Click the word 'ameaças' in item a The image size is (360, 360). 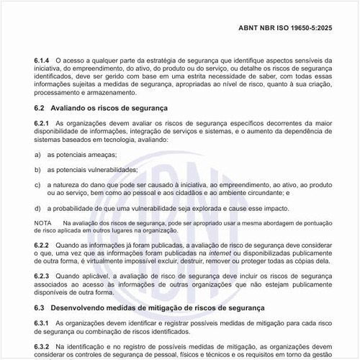pyautogui.click(x=100, y=155)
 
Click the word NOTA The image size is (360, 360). pyautogui.click(x=42, y=224)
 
